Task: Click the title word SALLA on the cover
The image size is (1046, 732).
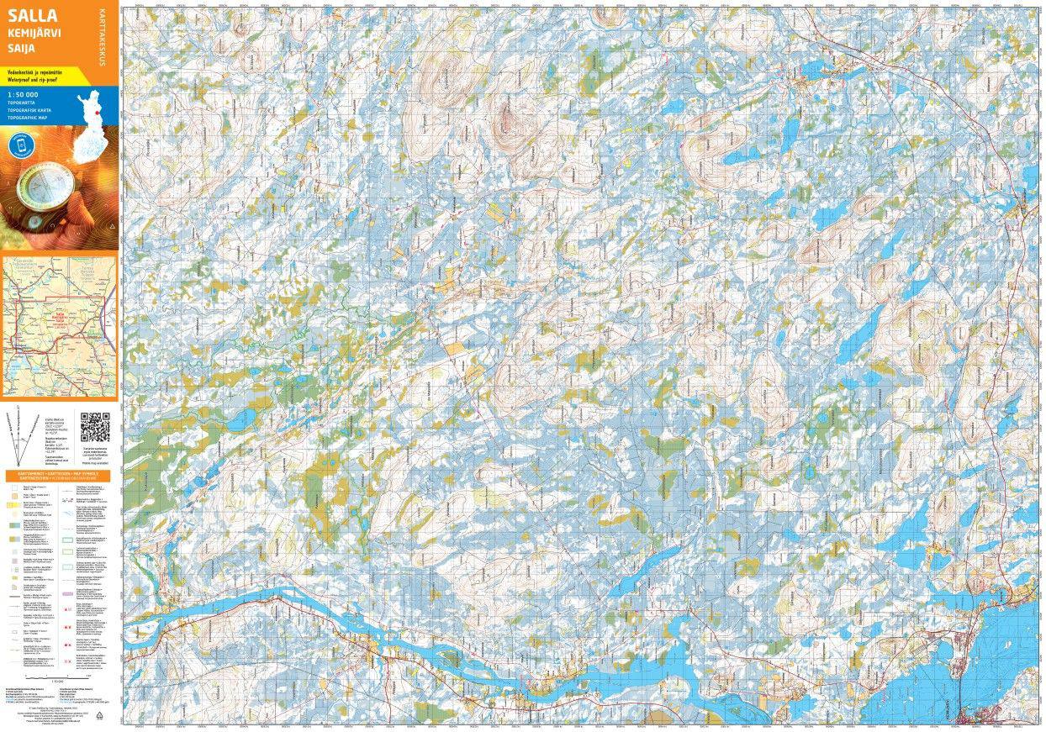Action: pyautogui.click(x=32, y=16)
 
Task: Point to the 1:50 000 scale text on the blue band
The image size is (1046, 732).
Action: pyautogui.click(x=23, y=94)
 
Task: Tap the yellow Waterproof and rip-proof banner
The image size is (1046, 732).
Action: pyautogui.click(x=42, y=76)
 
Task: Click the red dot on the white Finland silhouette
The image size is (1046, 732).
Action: pyautogui.click(x=98, y=111)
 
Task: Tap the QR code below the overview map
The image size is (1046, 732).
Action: pyautogui.click(x=95, y=427)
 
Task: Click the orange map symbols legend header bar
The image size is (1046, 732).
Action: pyautogui.click(x=59, y=475)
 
